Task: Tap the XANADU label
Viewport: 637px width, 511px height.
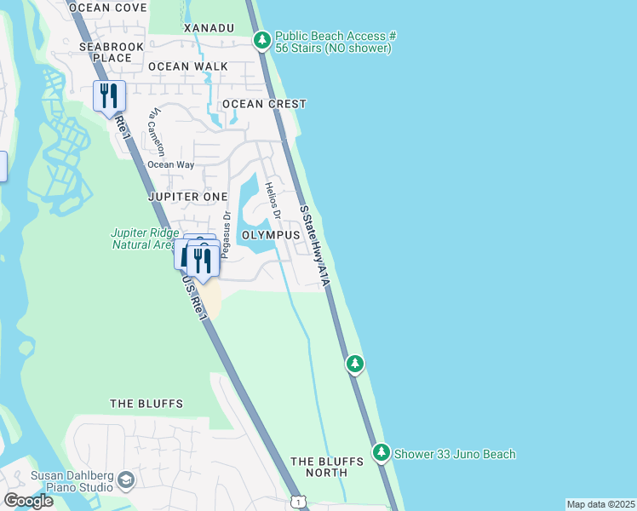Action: pyautogui.click(x=209, y=28)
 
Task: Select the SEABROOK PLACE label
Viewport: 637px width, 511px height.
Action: pyautogui.click(x=106, y=52)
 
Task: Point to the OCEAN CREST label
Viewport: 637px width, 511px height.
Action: pyautogui.click(x=264, y=104)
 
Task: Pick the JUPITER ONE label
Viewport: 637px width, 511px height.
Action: pyautogui.click(x=187, y=196)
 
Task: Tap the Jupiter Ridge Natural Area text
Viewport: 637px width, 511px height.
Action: pyautogui.click(x=146, y=238)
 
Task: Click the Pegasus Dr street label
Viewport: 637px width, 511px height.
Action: pyautogui.click(x=226, y=233)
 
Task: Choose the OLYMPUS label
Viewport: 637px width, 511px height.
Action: pyautogui.click(x=270, y=234)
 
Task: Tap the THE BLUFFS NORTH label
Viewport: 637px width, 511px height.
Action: pyautogui.click(x=326, y=467)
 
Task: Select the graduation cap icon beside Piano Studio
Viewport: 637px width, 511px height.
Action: pyautogui.click(x=127, y=481)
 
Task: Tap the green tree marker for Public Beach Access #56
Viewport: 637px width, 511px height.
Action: pyautogui.click(x=262, y=40)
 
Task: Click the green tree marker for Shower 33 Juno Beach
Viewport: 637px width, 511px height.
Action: pyautogui.click(x=382, y=453)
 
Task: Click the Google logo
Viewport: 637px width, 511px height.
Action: pyautogui.click(x=28, y=500)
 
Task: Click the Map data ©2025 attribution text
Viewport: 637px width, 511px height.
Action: pyautogui.click(x=600, y=504)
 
